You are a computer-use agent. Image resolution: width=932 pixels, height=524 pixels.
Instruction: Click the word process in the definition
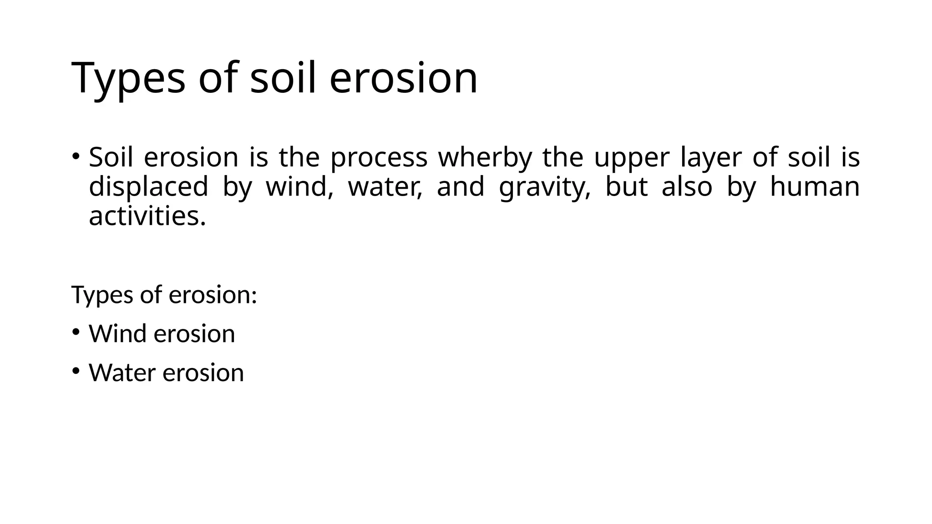click(x=379, y=158)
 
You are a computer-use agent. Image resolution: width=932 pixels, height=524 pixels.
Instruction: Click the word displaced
click(x=148, y=187)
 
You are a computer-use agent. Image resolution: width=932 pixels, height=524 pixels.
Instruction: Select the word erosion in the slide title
click(x=403, y=78)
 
